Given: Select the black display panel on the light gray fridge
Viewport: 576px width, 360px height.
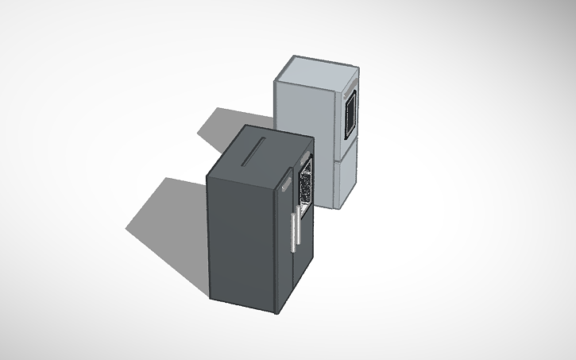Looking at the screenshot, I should coord(349,112).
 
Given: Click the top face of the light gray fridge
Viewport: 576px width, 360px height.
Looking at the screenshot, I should coord(317,72).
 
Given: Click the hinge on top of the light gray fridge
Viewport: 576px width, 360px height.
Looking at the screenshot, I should coord(354,78).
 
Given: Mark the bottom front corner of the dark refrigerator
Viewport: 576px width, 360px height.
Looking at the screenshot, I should coord(276,312).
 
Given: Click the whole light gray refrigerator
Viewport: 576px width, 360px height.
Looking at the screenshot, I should coord(318,127).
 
